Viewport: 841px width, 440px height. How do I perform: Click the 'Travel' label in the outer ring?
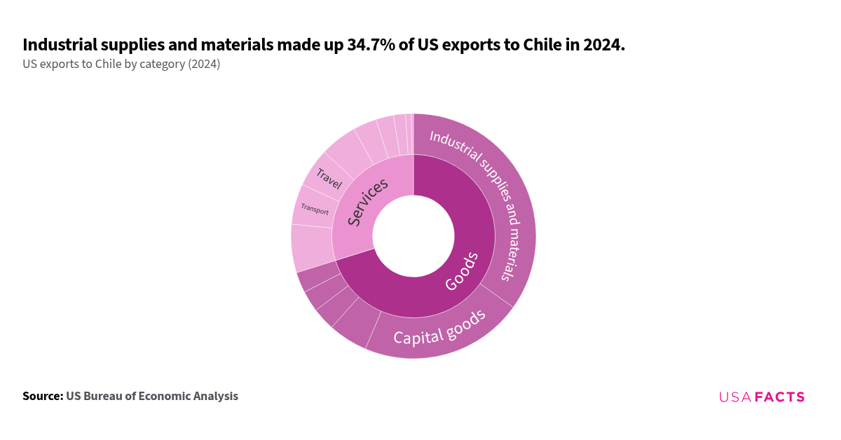click(328, 179)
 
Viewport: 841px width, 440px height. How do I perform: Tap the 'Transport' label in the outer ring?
click(315, 209)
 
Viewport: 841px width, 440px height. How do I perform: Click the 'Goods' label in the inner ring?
click(462, 272)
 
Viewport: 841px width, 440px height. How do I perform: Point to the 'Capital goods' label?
click(439, 328)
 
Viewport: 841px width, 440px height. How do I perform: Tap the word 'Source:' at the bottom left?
click(43, 397)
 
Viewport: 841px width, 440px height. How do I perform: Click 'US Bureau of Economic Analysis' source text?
click(152, 397)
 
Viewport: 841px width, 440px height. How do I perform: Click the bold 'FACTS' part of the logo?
click(779, 397)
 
